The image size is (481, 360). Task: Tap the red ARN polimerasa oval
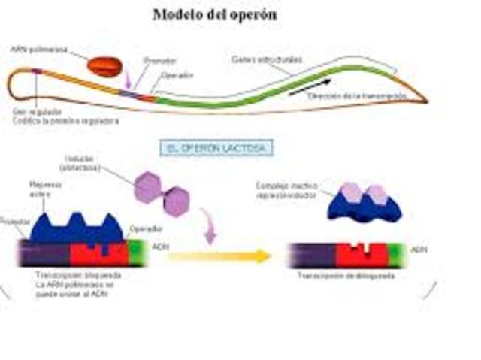(104, 66)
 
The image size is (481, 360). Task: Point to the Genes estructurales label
(259, 58)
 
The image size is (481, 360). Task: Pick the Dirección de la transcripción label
(368, 95)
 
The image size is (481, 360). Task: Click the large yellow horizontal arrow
(219, 256)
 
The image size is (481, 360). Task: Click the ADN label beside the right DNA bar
(419, 247)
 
